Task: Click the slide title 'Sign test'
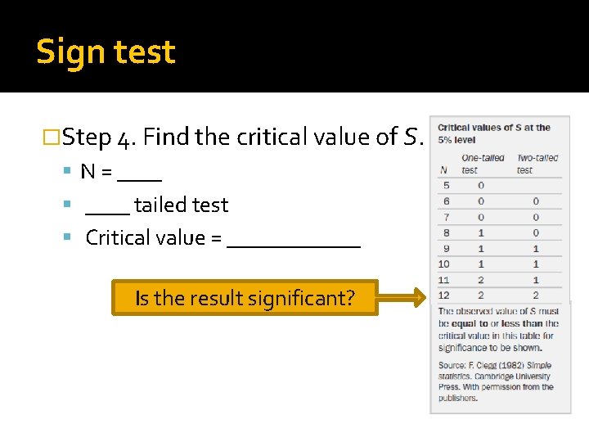click(x=106, y=52)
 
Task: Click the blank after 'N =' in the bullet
click(x=139, y=174)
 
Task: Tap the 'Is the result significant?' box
click(x=245, y=298)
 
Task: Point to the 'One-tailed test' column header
click(x=483, y=164)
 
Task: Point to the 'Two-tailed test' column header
click(x=537, y=164)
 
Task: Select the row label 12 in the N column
click(x=444, y=295)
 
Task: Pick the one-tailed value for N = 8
click(x=481, y=232)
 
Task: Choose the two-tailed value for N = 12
click(x=536, y=295)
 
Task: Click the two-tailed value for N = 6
click(x=536, y=201)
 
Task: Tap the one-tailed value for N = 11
click(x=481, y=280)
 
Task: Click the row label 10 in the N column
click(x=444, y=264)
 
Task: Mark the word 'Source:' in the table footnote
click(x=452, y=366)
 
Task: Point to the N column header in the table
click(x=444, y=169)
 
